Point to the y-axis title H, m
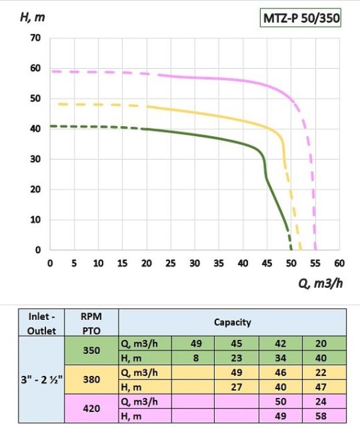(33, 18)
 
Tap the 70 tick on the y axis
(35, 38)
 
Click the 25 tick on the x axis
(171, 263)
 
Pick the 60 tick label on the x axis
(339, 263)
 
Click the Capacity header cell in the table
(232, 322)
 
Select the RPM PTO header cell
(91, 322)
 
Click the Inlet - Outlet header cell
(42, 322)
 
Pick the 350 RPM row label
(91, 351)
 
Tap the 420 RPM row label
(91, 409)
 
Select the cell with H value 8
(193, 358)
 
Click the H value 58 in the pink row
(324, 416)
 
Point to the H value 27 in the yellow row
(237, 387)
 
